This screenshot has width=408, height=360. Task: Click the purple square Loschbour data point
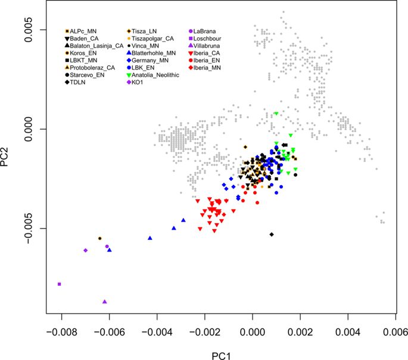tap(60, 284)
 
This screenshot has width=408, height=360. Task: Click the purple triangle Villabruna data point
tap(105, 302)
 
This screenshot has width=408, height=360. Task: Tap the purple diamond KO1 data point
tap(86, 251)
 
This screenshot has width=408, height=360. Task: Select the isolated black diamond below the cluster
tap(272, 234)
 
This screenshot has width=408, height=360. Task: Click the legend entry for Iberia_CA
tap(206, 52)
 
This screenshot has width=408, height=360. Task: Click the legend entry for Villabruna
tap(208, 45)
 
